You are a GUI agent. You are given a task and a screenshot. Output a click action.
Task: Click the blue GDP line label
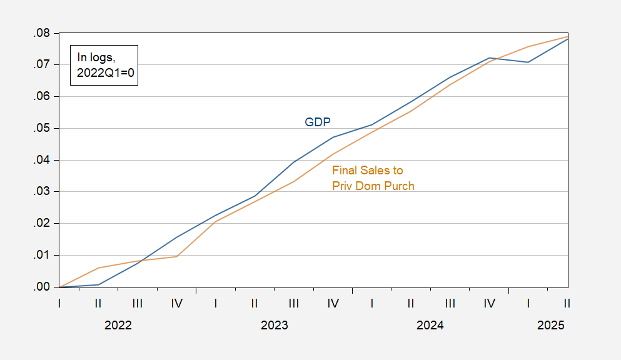(x=317, y=122)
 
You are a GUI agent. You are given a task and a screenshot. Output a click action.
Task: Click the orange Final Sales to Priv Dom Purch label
(x=373, y=177)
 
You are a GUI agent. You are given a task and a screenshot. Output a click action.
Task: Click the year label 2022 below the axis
(x=118, y=326)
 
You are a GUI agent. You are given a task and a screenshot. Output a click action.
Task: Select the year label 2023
(x=274, y=326)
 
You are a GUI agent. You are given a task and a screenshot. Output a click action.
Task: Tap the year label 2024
(x=430, y=326)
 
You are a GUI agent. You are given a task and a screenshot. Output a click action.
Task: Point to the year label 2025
(x=551, y=326)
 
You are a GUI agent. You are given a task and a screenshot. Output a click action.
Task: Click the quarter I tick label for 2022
(x=59, y=304)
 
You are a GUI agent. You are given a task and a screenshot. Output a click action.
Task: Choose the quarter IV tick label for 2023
(x=333, y=304)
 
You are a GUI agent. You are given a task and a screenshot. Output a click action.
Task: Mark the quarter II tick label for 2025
(x=567, y=304)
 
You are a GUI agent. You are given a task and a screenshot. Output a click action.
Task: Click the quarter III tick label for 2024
(x=450, y=304)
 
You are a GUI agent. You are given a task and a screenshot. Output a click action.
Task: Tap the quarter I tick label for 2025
(x=528, y=304)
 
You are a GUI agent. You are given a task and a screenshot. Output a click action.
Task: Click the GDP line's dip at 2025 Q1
(x=528, y=62)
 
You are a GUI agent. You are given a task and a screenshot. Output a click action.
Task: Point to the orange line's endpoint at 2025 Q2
(x=567, y=36)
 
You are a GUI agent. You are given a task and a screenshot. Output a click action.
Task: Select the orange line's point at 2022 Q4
(x=177, y=256)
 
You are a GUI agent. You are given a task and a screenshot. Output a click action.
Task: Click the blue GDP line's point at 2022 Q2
(x=99, y=284)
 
